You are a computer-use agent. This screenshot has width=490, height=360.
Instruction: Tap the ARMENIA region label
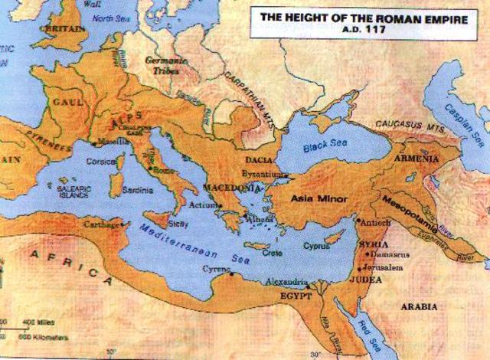pos(416,159)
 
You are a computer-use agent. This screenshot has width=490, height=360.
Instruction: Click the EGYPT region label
pos(295,295)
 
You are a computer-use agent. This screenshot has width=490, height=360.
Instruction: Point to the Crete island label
pos(273,252)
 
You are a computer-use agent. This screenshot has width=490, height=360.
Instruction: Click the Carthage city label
pos(103,224)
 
